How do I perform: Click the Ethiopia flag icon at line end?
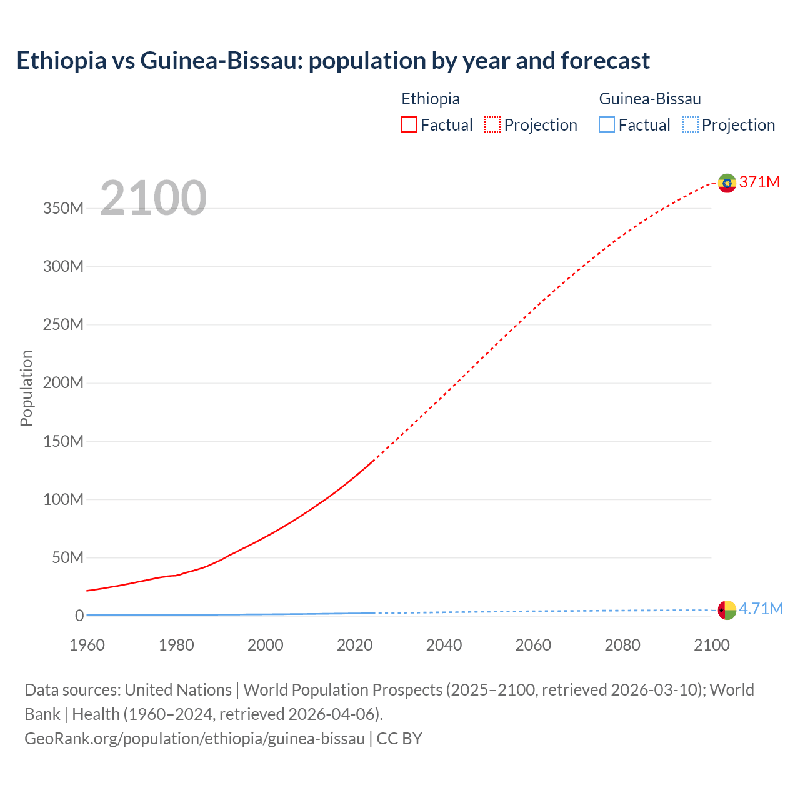(x=727, y=182)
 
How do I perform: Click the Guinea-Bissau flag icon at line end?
(x=727, y=609)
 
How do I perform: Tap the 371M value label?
(x=759, y=182)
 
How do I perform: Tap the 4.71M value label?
(x=761, y=609)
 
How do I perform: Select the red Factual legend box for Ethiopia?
(x=409, y=125)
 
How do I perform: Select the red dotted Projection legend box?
(x=492, y=125)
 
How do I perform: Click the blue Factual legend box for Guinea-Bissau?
(x=607, y=125)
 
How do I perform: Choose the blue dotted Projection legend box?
(x=691, y=125)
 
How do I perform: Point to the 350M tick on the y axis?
(x=63, y=208)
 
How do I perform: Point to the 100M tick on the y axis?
(x=63, y=499)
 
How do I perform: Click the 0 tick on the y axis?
(x=79, y=616)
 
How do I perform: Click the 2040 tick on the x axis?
(x=444, y=645)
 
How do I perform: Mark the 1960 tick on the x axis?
(x=87, y=645)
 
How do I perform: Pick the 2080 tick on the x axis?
(x=622, y=645)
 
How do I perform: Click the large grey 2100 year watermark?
(x=153, y=198)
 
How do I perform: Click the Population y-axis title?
(x=26, y=388)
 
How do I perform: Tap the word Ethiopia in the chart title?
(x=61, y=61)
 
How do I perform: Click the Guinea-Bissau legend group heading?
(x=649, y=99)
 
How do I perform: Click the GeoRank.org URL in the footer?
(x=194, y=738)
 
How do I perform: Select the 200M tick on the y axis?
(x=63, y=382)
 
